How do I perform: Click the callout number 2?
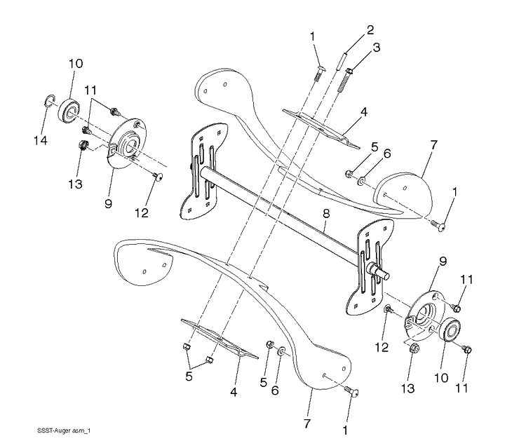[x=370, y=30]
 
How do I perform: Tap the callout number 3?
[x=376, y=48]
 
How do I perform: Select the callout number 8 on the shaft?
[x=326, y=214]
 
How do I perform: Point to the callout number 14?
[x=40, y=140]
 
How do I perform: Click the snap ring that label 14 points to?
[x=49, y=100]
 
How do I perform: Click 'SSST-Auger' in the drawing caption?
[x=54, y=431]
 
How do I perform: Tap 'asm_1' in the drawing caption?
[x=81, y=431]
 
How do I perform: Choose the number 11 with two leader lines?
[x=90, y=90]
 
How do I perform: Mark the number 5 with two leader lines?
[x=189, y=376]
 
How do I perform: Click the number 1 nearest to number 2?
[x=312, y=37]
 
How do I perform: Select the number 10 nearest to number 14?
[x=76, y=64]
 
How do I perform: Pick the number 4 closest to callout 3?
[x=363, y=112]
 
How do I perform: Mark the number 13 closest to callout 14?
[x=76, y=184]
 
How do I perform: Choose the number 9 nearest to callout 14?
[x=108, y=203]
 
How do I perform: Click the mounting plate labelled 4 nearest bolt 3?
[x=321, y=128]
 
